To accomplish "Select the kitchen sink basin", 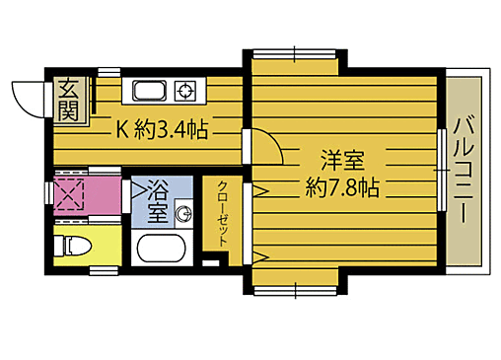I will [x=150, y=93].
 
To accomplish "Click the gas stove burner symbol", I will [x=184, y=93].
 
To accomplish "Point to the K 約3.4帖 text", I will [x=163, y=129].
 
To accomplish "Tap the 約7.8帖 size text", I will [x=342, y=185].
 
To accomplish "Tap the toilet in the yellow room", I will [x=75, y=246].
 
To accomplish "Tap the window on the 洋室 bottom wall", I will [x=296, y=289].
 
